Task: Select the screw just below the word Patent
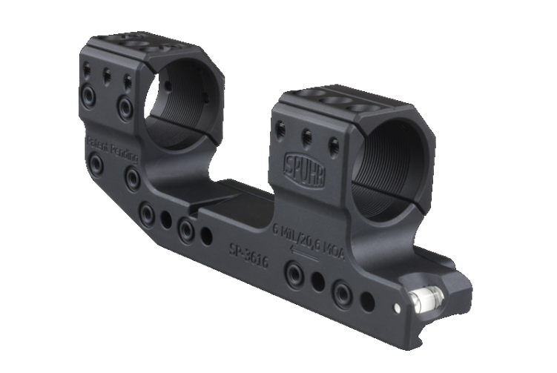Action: pos(94,162)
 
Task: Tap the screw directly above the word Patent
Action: pos(88,96)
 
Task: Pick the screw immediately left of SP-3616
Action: pos(186,231)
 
